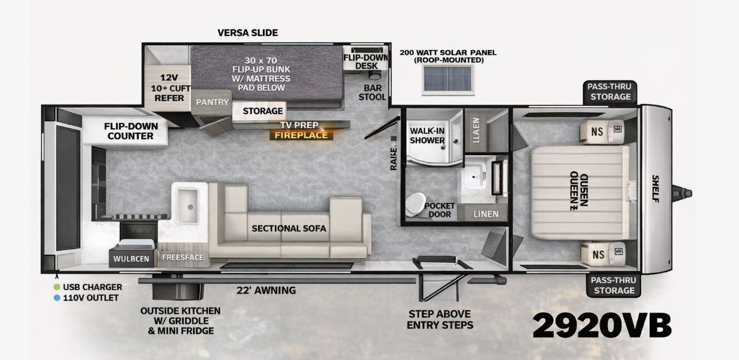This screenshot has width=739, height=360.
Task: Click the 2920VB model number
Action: pos(601,325)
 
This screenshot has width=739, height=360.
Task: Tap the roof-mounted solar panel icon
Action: pos(447,79)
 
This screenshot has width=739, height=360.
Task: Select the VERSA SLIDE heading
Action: pos(247,32)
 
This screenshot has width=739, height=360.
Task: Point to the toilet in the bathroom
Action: pos(415,204)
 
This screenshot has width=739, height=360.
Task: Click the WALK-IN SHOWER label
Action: pos(427,135)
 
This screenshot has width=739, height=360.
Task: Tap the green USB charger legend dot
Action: pos(57,287)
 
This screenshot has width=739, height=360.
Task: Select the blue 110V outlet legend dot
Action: pos(57,298)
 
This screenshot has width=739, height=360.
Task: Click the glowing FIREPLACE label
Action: pos(301,135)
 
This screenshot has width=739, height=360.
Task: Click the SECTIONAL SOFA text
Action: pos(288,229)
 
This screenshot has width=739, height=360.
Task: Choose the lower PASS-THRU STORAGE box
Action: pos(614,286)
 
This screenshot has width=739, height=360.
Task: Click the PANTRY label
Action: pos(212,102)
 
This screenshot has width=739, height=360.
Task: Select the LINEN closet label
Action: pos(485,214)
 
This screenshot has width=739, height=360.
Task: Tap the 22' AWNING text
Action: pos(266,290)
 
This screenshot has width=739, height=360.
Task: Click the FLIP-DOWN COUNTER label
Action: pos(130,131)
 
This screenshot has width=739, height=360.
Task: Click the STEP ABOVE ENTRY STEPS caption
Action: pos(440,320)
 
